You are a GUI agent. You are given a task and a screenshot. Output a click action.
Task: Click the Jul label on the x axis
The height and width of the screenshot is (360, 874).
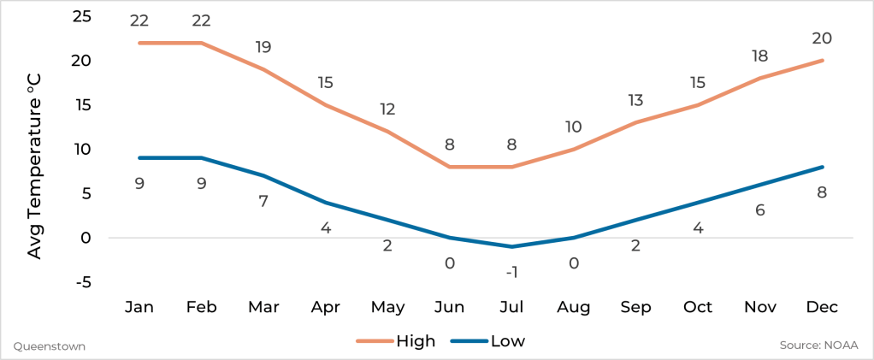pyautogui.click(x=511, y=307)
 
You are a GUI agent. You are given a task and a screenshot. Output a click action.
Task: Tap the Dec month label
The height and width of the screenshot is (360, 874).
pyautogui.click(x=822, y=307)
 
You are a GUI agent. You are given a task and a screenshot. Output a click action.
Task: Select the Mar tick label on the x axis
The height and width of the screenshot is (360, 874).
pyautogui.click(x=263, y=307)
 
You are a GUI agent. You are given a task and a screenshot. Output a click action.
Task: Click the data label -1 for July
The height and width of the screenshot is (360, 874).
pyautogui.click(x=511, y=272)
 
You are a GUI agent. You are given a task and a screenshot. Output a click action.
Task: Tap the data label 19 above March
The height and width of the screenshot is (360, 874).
pyautogui.click(x=263, y=48)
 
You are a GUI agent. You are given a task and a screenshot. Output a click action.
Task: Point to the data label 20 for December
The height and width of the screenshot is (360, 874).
pyautogui.click(x=822, y=38)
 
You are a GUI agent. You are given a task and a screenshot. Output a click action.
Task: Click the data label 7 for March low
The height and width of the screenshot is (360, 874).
pyautogui.click(x=263, y=202)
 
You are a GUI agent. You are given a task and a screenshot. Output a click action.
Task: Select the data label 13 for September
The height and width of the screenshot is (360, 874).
pyautogui.click(x=635, y=101)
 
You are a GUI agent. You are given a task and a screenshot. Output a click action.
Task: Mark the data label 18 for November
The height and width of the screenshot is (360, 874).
pyautogui.click(x=760, y=56)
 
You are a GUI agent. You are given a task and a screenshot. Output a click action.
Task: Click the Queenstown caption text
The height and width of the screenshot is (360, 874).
pyautogui.click(x=50, y=346)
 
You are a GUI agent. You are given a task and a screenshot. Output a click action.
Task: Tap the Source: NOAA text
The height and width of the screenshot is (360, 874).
pyautogui.click(x=818, y=345)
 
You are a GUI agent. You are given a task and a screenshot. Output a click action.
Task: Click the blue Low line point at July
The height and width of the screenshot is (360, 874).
pyautogui.click(x=511, y=246)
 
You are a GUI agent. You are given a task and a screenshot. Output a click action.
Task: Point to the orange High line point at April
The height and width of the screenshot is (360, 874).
pyautogui.click(x=326, y=105)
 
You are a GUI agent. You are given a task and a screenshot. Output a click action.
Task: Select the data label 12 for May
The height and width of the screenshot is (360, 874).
pyautogui.click(x=387, y=109)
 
